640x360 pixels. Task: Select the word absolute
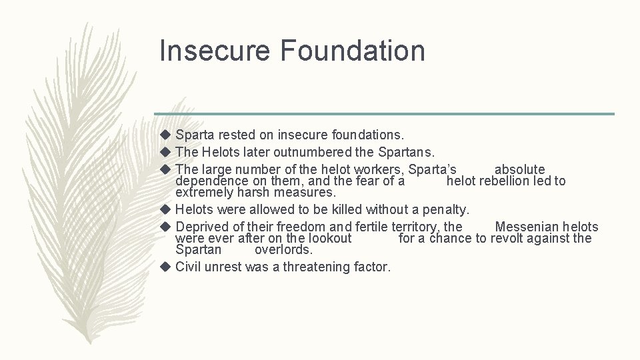point(519,169)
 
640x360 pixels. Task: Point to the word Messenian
point(528,227)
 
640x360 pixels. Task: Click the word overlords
point(283,250)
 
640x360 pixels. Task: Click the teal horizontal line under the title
point(383,113)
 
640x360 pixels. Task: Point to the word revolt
point(509,238)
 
